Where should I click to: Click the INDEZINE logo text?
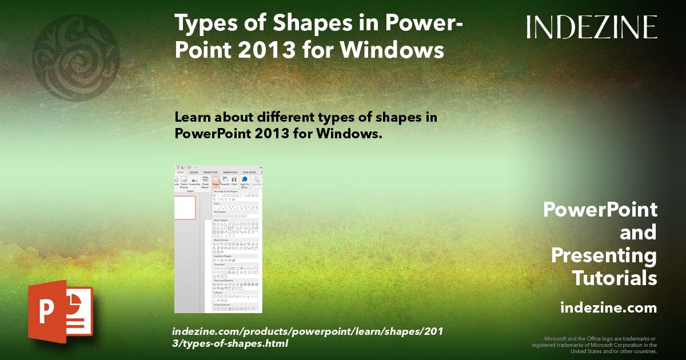[592, 27]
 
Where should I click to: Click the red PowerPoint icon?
[60, 312]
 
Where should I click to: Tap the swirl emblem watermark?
[76, 58]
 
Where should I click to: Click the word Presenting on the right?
[604, 255]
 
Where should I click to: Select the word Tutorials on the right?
[614, 278]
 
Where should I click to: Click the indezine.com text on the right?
[608, 308]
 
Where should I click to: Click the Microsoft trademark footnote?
[595, 345]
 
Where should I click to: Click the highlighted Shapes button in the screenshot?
[216, 182]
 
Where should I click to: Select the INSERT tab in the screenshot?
[181, 172]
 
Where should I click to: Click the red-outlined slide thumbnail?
[184, 207]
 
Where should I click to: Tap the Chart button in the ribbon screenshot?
[234, 182]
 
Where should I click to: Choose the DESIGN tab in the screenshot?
[194, 172]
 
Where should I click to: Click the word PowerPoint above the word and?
[600, 210]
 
